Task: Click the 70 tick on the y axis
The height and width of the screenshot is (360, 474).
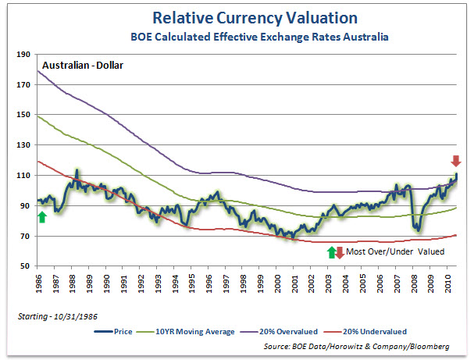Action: (23, 236)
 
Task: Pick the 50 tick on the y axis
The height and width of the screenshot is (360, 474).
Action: (23, 266)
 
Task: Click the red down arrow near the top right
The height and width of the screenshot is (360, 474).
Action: (456, 162)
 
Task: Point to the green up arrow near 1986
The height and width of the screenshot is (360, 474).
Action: (41, 216)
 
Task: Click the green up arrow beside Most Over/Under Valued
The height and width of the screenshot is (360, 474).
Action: (331, 251)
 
